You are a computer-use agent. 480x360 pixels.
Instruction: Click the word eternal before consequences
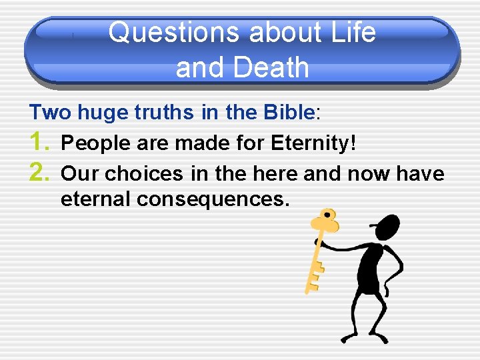[x=103, y=199]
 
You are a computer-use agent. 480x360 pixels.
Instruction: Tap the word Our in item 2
[x=79, y=174]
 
